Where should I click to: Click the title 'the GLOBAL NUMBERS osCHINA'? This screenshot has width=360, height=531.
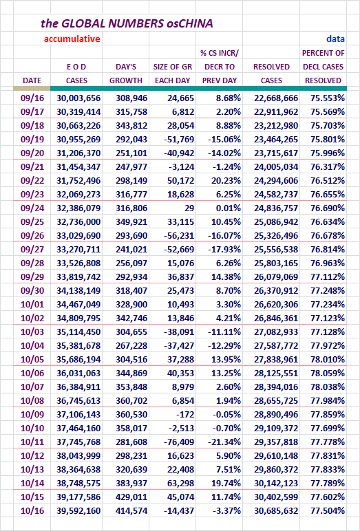click(127, 23)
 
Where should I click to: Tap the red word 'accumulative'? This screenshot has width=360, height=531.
click(72, 39)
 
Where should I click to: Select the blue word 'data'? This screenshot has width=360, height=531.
click(336, 39)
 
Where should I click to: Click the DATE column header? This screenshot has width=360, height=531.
click(32, 80)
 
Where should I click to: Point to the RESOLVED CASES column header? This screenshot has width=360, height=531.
click(271, 74)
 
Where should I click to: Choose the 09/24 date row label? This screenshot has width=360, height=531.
click(32, 208)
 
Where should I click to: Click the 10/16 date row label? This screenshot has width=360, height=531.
click(32, 510)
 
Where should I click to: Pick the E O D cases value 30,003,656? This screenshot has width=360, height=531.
click(78, 98)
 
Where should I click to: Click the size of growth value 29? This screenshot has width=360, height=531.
click(189, 208)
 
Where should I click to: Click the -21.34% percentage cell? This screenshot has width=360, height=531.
click(224, 442)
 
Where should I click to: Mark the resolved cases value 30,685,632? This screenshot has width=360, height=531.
click(276, 510)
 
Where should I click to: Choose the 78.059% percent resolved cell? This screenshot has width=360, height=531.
click(328, 373)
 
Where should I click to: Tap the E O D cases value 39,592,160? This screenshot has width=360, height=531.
click(78, 510)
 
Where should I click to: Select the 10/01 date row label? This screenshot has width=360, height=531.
click(32, 304)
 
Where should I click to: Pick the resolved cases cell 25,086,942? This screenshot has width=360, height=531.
click(276, 221)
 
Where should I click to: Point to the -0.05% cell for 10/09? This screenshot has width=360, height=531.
click(226, 414)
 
